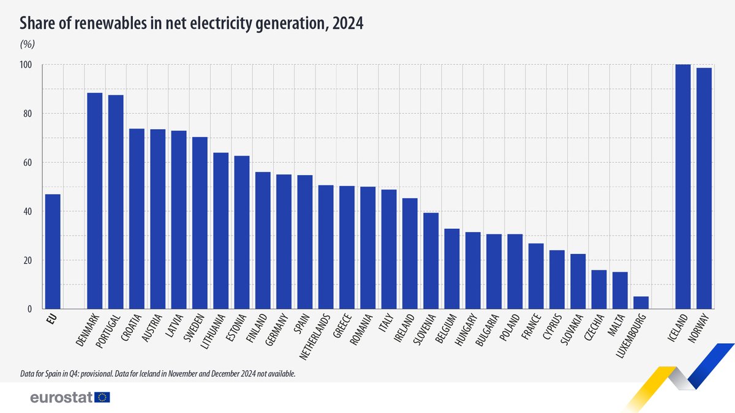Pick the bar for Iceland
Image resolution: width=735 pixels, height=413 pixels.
pyautogui.click(x=683, y=187)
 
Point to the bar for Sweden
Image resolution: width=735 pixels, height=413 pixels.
pyautogui.click(x=200, y=223)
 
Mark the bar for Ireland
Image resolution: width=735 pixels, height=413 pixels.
pyautogui.click(x=410, y=253)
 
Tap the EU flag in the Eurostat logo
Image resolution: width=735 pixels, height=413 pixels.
pyautogui.click(x=102, y=398)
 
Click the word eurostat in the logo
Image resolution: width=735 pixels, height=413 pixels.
pyautogui.click(x=61, y=398)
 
